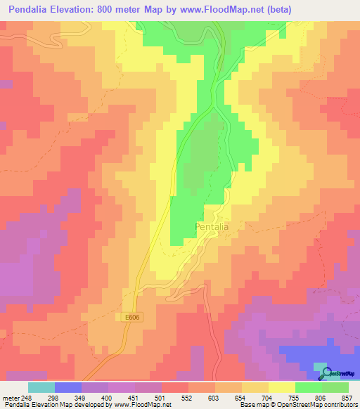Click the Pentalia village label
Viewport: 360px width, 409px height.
(212, 227)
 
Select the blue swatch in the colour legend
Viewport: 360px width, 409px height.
(67, 387)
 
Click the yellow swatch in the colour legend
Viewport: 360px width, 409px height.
(281, 387)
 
